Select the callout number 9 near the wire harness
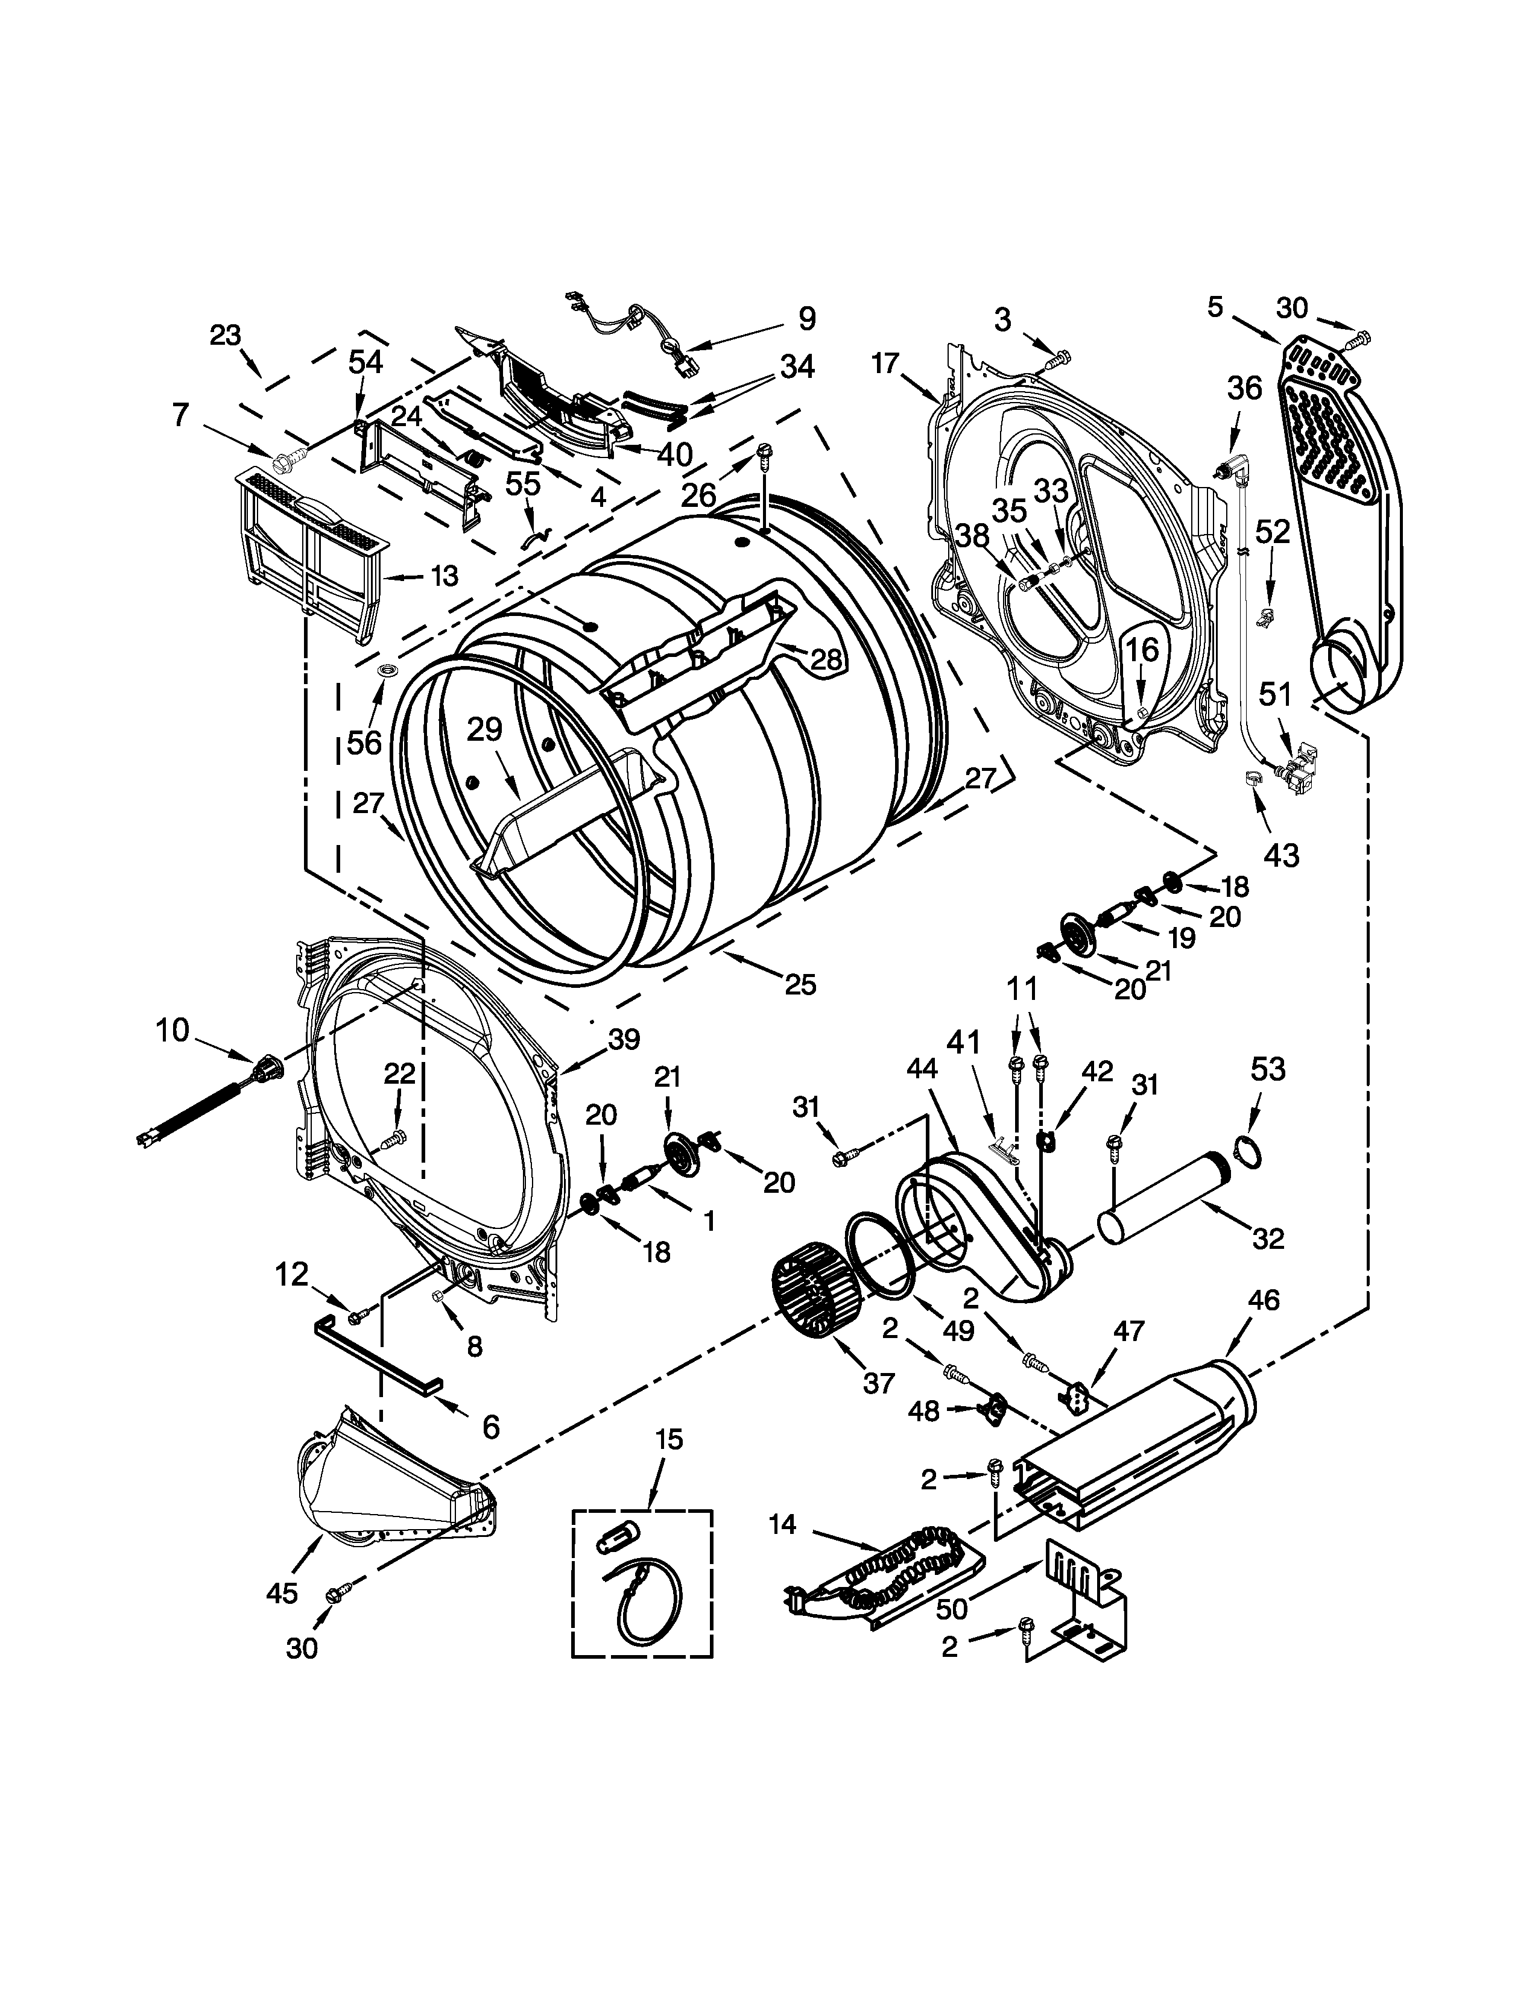point(806,319)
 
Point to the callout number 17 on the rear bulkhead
point(885,364)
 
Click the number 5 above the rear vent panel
point(1215,308)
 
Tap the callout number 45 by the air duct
point(282,1593)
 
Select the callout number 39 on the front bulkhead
point(624,1039)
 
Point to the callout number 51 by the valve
point(1274,696)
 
